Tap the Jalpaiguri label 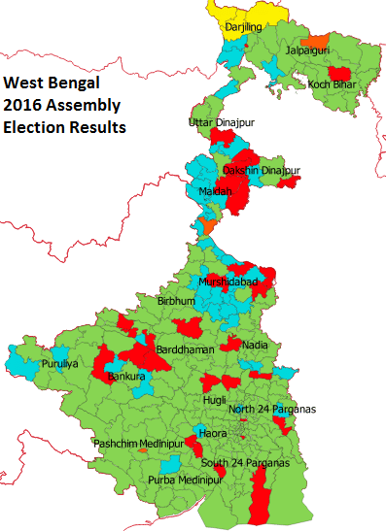[x=308, y=50]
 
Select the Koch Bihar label [x=332, y=84]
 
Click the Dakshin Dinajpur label [x=262, y=171]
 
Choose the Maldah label [x=216, y=192]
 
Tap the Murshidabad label [x=229, y=282]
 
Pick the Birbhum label [x=177, y=302]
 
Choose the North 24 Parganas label [x=272, y=409]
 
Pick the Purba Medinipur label [x=186, y=480]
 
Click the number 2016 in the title [x=24, y=106]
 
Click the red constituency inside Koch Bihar [x=339, y=73]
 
